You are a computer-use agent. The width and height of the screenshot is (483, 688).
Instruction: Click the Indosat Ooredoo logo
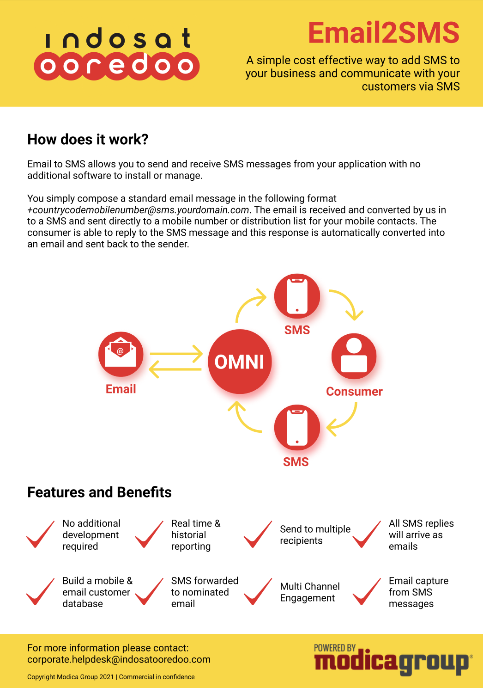(x=117, y=55)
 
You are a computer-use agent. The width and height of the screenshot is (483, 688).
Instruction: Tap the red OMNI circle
(x=240, y=362)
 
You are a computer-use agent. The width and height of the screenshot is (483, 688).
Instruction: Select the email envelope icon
(x=121, y=354)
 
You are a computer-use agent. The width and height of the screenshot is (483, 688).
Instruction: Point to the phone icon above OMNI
(x=297, y=296)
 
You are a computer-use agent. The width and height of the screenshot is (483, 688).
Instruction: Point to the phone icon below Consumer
(x=297, y=427)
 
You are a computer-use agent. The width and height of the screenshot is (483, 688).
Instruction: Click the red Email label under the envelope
(x=121, y=389)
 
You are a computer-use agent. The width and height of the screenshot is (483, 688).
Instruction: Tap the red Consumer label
(x=354, y=392)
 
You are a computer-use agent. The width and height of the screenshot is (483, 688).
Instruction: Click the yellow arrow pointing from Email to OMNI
(x=176, y=354)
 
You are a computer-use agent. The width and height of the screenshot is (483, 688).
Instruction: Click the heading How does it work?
(x=88, y=139)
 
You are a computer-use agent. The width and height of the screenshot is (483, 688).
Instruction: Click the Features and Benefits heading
(x=99, y=492)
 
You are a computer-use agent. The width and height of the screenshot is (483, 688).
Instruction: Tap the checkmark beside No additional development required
(x=41, y=534)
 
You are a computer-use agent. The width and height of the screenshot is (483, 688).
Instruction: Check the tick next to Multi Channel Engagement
(x=258, y=592)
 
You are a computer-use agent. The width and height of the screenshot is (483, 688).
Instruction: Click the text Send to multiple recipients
(x=315, y=535)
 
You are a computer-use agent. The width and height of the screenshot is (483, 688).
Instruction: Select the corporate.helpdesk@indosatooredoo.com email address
(x=119, y=659)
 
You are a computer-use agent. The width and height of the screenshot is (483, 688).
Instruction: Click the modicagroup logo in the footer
(x=392, y=660)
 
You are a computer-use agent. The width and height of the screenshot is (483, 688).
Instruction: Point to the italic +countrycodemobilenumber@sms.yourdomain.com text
(x=138, y=210)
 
